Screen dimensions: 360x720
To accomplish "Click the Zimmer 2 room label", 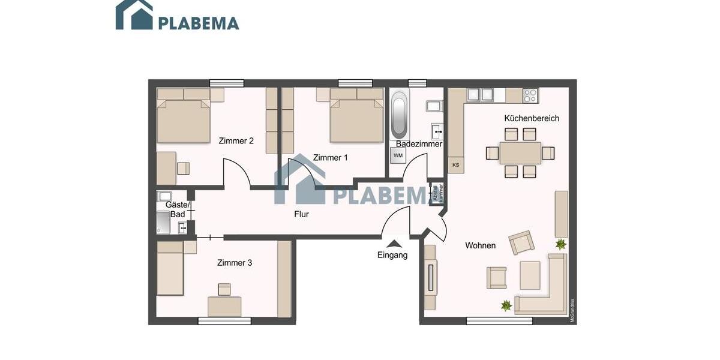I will pyautogui.click(x=236, y=141).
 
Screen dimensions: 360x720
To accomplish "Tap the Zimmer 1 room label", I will pyautogui.click(x=330, y=158).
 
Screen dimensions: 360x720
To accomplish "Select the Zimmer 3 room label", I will pyautogui.click(x=235, y=263).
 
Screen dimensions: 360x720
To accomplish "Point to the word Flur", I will pyautogui.click(x=301, y=214).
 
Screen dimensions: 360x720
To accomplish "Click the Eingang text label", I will pyautogui.click(x=392, y=255).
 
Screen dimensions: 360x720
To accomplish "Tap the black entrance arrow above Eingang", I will pyautogui.click(x=394, y=243).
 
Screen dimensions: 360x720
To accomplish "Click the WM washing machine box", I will pyautogui.click(x=398, y=155).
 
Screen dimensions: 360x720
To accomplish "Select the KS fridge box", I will pyautogui.click(x=456, y=165).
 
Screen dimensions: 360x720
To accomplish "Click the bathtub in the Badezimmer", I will pyautogui.click(x=399, y=116).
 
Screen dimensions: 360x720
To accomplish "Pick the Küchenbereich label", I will pyautogui.click(x=532, y=118).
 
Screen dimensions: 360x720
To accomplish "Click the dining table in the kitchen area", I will pyautogui.click(x=520, y=153).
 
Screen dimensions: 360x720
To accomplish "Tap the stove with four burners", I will pyautogui.click(x=530, y=95).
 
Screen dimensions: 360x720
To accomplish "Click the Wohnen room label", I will pyautogui.click(x=480, y=245).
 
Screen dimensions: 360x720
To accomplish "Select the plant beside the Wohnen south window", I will pyautogui.click(x=506, y=305).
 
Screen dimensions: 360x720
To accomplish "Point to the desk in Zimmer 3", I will pyautogui.click(x=224, y=306).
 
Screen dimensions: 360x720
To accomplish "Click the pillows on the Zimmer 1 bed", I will pyautogui.click(x=357, y=94).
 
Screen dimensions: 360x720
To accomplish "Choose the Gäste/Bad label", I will pyautogui.click(x=177, y=209).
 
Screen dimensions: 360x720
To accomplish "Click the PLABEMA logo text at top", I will pyautogui.click(x=199, y=23).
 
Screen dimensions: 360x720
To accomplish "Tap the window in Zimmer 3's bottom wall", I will pyautogui.click(x=224, y=321).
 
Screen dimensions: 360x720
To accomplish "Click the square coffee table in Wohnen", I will pyautogui.click(x=530, y=275).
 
